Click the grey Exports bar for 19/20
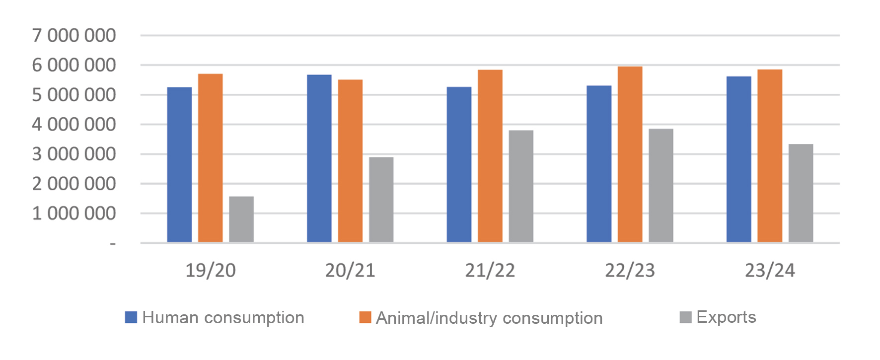(x=241, y=219)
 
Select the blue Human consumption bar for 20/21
(x=319, y=158)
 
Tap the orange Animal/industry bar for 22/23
(x=630, y=154)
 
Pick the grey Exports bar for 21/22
(x=521, y=186)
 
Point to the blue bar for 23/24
(x=738, y=159)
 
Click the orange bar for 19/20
(x=211, y=158)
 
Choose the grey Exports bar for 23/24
(x=801, y=193)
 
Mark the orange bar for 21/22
(x=490, y=156)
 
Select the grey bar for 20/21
(x=381, y=200)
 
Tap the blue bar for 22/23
(x=599, y=164)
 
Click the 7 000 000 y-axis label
(x=74, y=36)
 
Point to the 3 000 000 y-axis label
(x=74, y=154)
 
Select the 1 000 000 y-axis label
(x=74, y=214)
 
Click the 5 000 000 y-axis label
(x=74, y=95)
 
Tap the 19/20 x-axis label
(x=211, y=271)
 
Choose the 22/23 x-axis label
(x=630, y=271)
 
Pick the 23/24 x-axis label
(x=770, y=271)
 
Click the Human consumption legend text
(x=223, y=318)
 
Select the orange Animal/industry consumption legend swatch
(x=366, y=317)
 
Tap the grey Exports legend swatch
(x=685, y=317)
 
